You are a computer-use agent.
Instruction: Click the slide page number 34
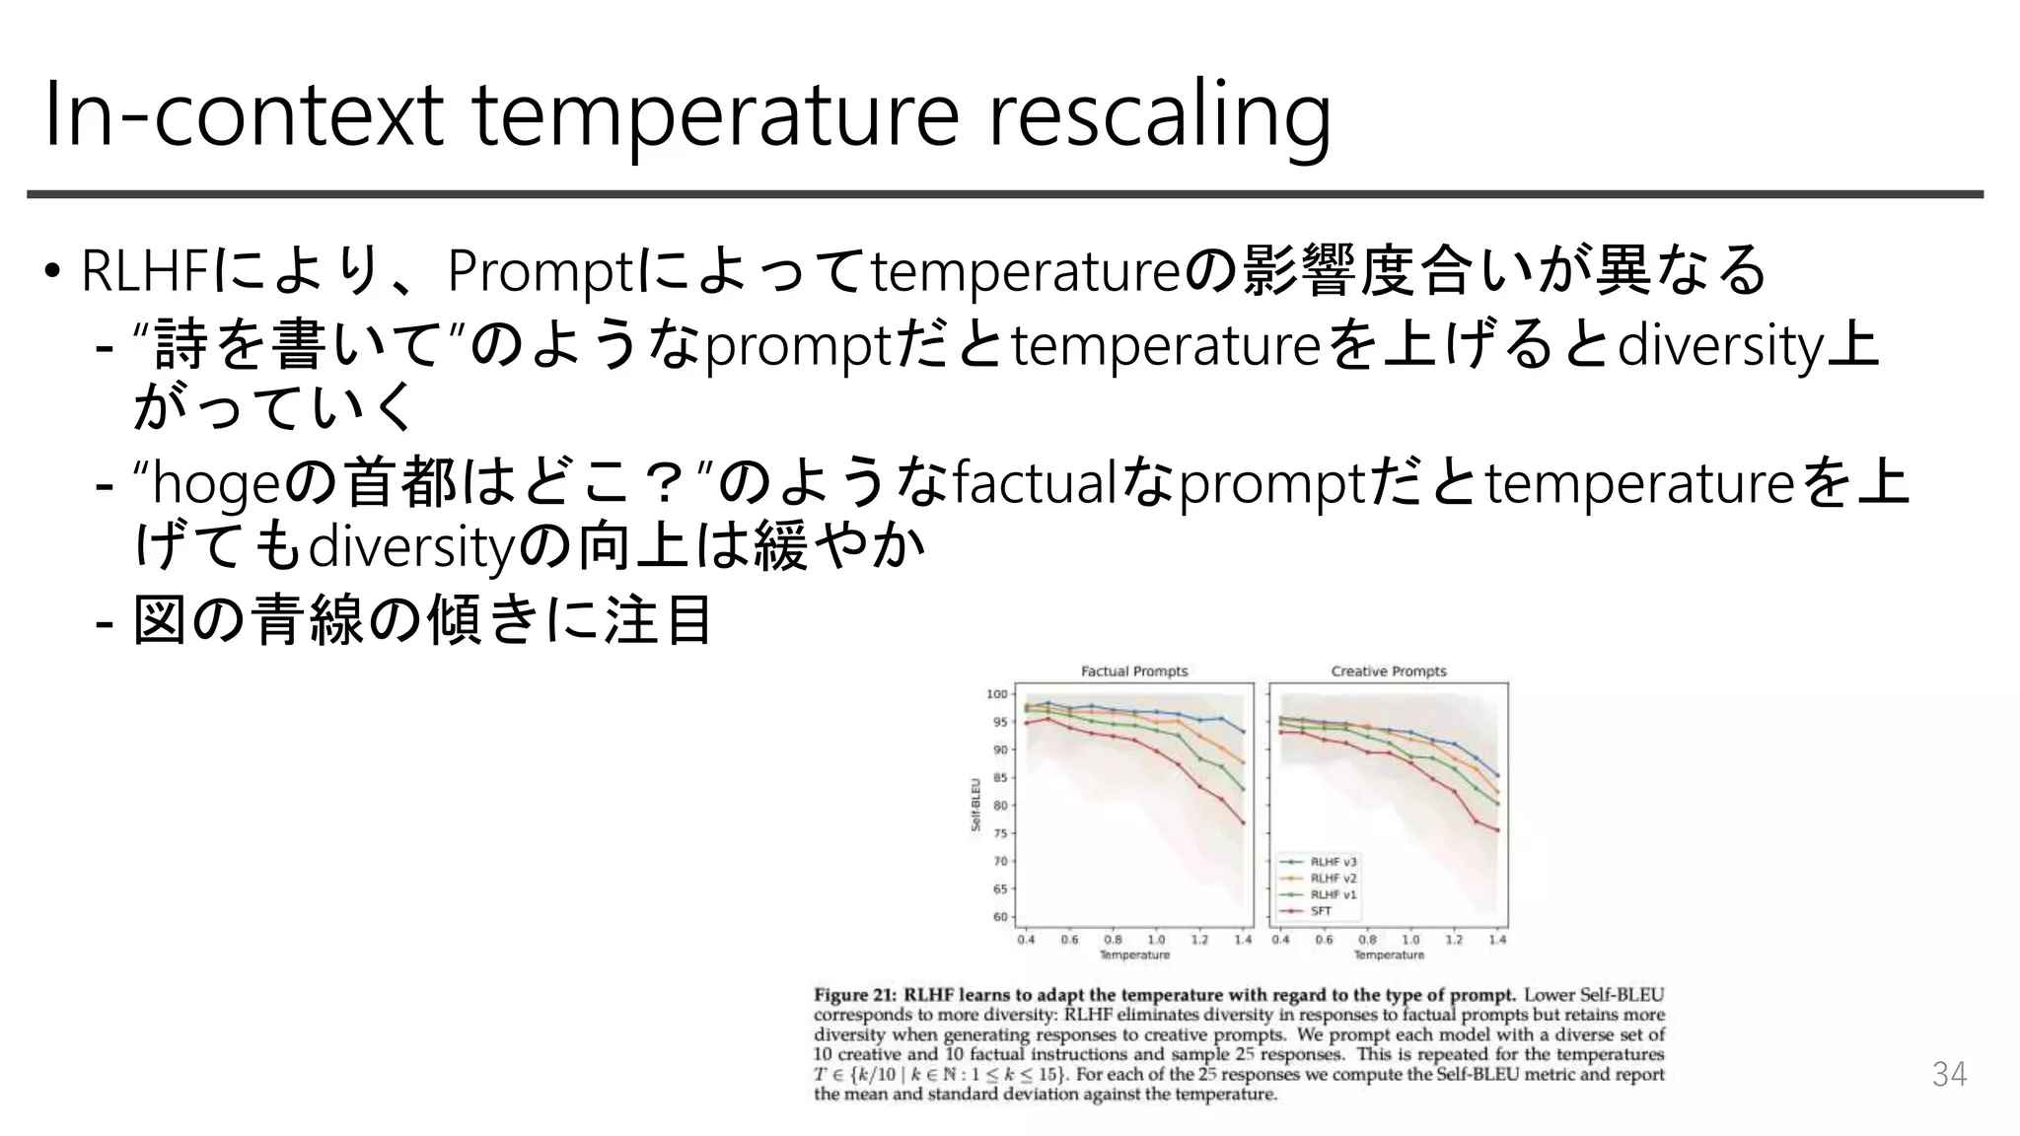1949,1074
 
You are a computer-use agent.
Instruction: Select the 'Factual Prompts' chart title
1134,672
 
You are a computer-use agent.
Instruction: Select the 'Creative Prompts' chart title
1389,672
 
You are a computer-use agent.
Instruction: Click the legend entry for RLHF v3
1333,862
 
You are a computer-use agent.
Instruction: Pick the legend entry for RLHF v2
1333,878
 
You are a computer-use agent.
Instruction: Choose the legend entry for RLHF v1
1333,894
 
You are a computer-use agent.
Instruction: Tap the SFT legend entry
1321,911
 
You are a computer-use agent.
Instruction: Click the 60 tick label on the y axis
999,917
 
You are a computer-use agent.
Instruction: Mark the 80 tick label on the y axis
999,806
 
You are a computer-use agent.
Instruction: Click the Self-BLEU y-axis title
975,805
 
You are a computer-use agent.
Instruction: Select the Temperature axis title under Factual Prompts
1134,955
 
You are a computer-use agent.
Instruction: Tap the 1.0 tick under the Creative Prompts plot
1410,940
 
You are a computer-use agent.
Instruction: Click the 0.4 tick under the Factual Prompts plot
1027,940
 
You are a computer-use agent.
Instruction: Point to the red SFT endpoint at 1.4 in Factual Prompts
1243,822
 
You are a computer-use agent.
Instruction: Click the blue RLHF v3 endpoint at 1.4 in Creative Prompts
1497,775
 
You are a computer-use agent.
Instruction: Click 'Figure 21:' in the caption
855,995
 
